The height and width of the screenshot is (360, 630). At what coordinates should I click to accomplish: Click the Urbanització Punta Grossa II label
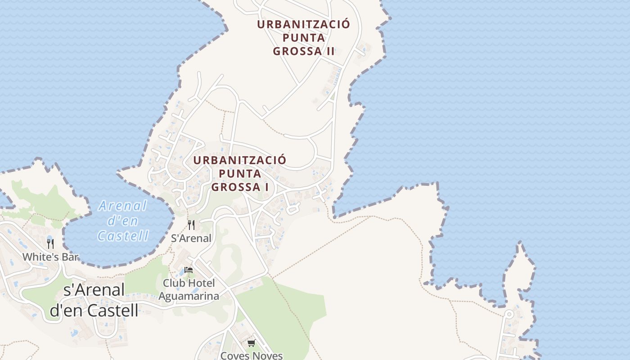[x=304, y=37]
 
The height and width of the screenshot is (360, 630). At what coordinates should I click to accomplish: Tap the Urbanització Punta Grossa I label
[x=240, y=173]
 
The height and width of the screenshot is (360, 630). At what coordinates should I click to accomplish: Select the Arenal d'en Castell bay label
[x=123, y=221]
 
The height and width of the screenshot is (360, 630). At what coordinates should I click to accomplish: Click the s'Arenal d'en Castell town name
[x=94, y=300]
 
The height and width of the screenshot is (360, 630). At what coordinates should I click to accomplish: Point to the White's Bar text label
[x=50, y=257]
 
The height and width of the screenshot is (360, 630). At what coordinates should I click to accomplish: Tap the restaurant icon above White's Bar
[x=50, y=244]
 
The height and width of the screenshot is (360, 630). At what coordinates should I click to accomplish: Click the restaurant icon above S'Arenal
[x=191, y=225]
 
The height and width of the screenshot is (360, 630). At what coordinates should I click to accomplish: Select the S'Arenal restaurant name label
[x=191, y=238]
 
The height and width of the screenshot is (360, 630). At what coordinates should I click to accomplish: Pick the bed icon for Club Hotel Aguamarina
[x=189, y=270]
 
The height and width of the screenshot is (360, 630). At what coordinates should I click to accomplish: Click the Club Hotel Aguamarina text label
[x=189, y=289]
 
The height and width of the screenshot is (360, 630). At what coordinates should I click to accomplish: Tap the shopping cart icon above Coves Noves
[x=252, y=343]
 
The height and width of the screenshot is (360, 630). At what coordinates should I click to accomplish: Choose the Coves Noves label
[x=252, y=355]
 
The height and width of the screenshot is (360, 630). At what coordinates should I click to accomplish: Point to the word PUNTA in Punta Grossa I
[x=240, y=173]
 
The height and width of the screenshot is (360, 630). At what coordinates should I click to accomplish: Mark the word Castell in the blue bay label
[x=123, y=235]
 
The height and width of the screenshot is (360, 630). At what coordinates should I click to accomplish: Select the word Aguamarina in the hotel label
[x=189, y=296]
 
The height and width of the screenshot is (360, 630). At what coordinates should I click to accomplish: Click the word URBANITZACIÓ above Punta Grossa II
[x=304, y=24]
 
